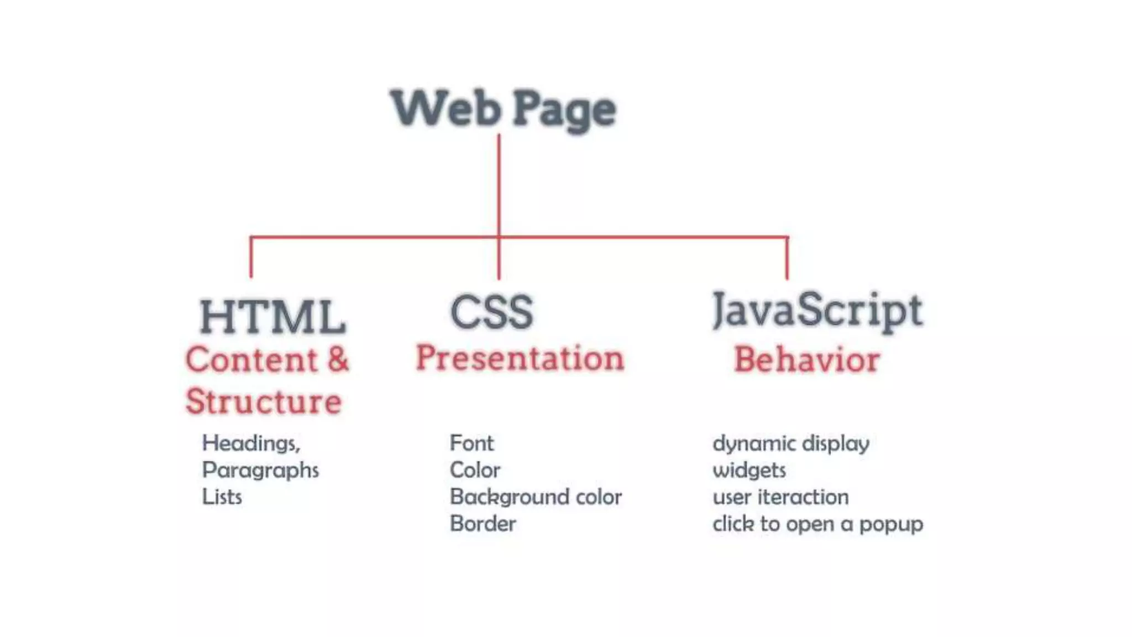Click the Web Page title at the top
503,109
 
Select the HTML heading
272,317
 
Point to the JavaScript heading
817,310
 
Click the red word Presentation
520,358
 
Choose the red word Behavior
806,360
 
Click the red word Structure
264,401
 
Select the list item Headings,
251,443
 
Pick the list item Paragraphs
260,471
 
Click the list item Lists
222,497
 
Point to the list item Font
471,443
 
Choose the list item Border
483,524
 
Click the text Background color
536,497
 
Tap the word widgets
749,471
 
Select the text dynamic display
790,443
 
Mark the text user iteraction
780,497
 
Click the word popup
891,524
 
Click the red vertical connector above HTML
251,258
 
